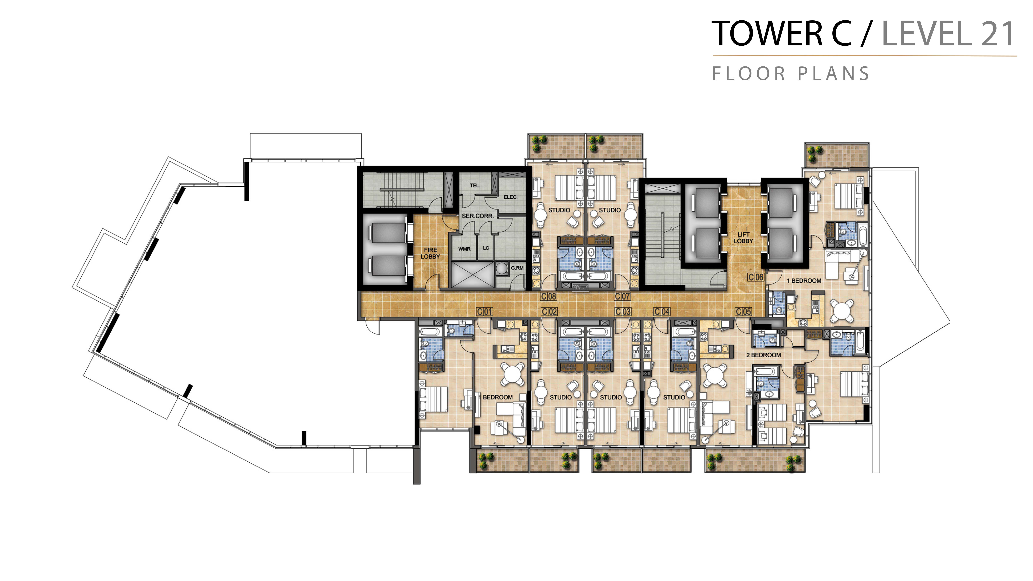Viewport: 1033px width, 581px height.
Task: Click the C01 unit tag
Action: (x=484, y=312)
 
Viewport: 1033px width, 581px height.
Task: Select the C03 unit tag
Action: (x=623, y=312)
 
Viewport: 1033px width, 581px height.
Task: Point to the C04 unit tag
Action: (x=662, y=312)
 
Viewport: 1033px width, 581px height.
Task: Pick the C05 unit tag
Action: (x=743, y=312)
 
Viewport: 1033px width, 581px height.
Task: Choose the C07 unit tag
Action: (x=622, y=296)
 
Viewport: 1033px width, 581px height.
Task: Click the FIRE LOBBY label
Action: (x=430, y=253)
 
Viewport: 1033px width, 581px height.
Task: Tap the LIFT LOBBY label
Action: (x=743, y=238)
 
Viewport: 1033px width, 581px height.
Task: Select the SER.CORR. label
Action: (x=477, y=216)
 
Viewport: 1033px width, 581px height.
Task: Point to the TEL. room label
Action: (x=475, y=186)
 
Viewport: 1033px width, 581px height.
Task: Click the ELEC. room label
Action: (x=511, y=197)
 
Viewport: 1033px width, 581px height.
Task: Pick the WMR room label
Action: (x=464, y=249)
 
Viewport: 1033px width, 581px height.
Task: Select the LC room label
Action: (x=486, y=248)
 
